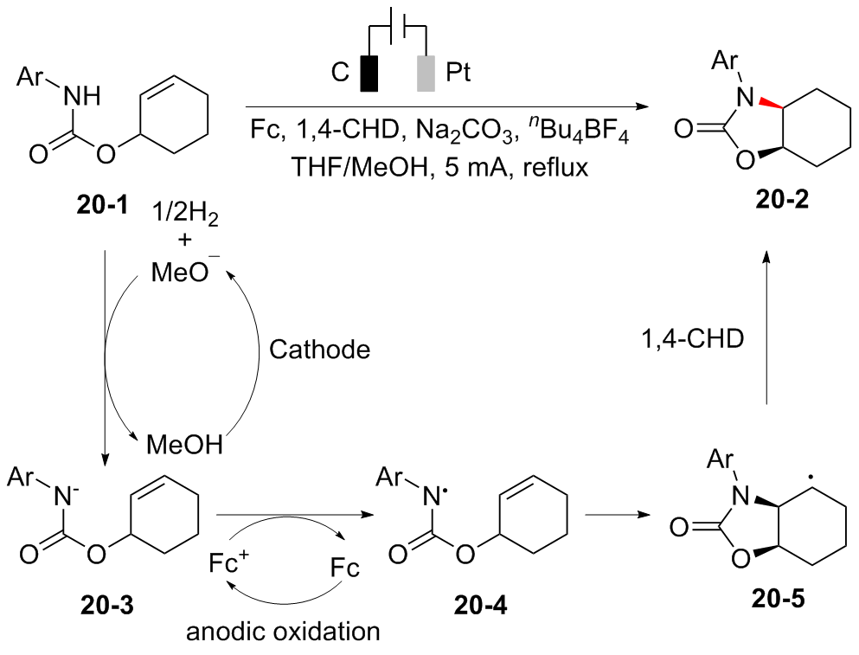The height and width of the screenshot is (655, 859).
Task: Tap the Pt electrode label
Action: coord(458,74)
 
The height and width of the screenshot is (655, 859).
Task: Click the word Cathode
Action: coord(319,350)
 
